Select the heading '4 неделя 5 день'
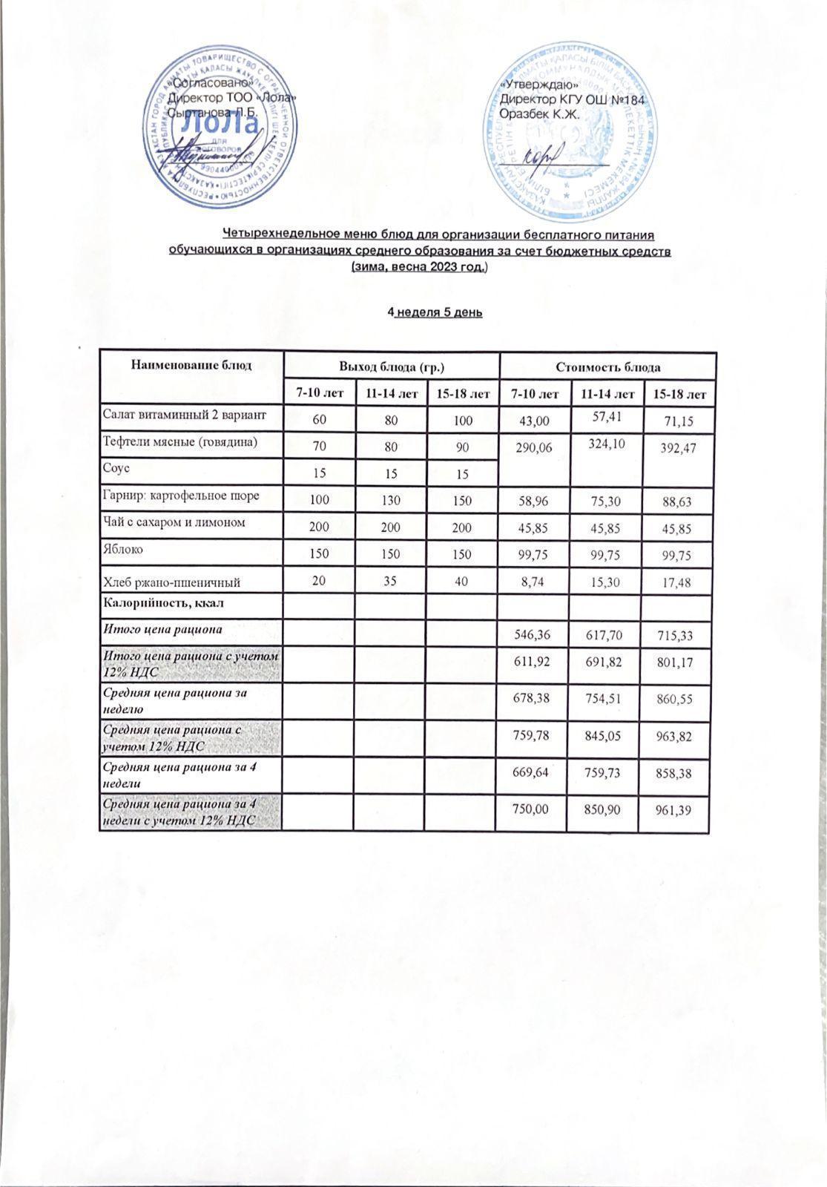[x=435, y=312]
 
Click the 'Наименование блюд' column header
[x=191, y=365]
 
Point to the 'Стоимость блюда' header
[x=608, y=366]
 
